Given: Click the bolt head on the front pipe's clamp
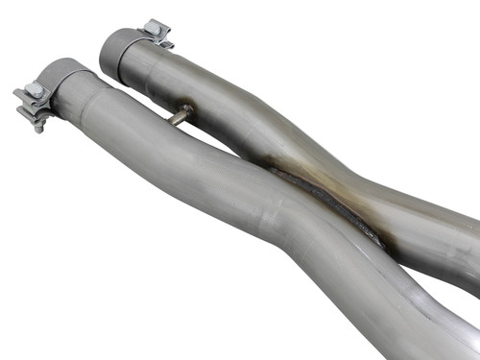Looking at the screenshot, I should point(37,90).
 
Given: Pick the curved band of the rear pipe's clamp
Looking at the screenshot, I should point(122,42).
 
